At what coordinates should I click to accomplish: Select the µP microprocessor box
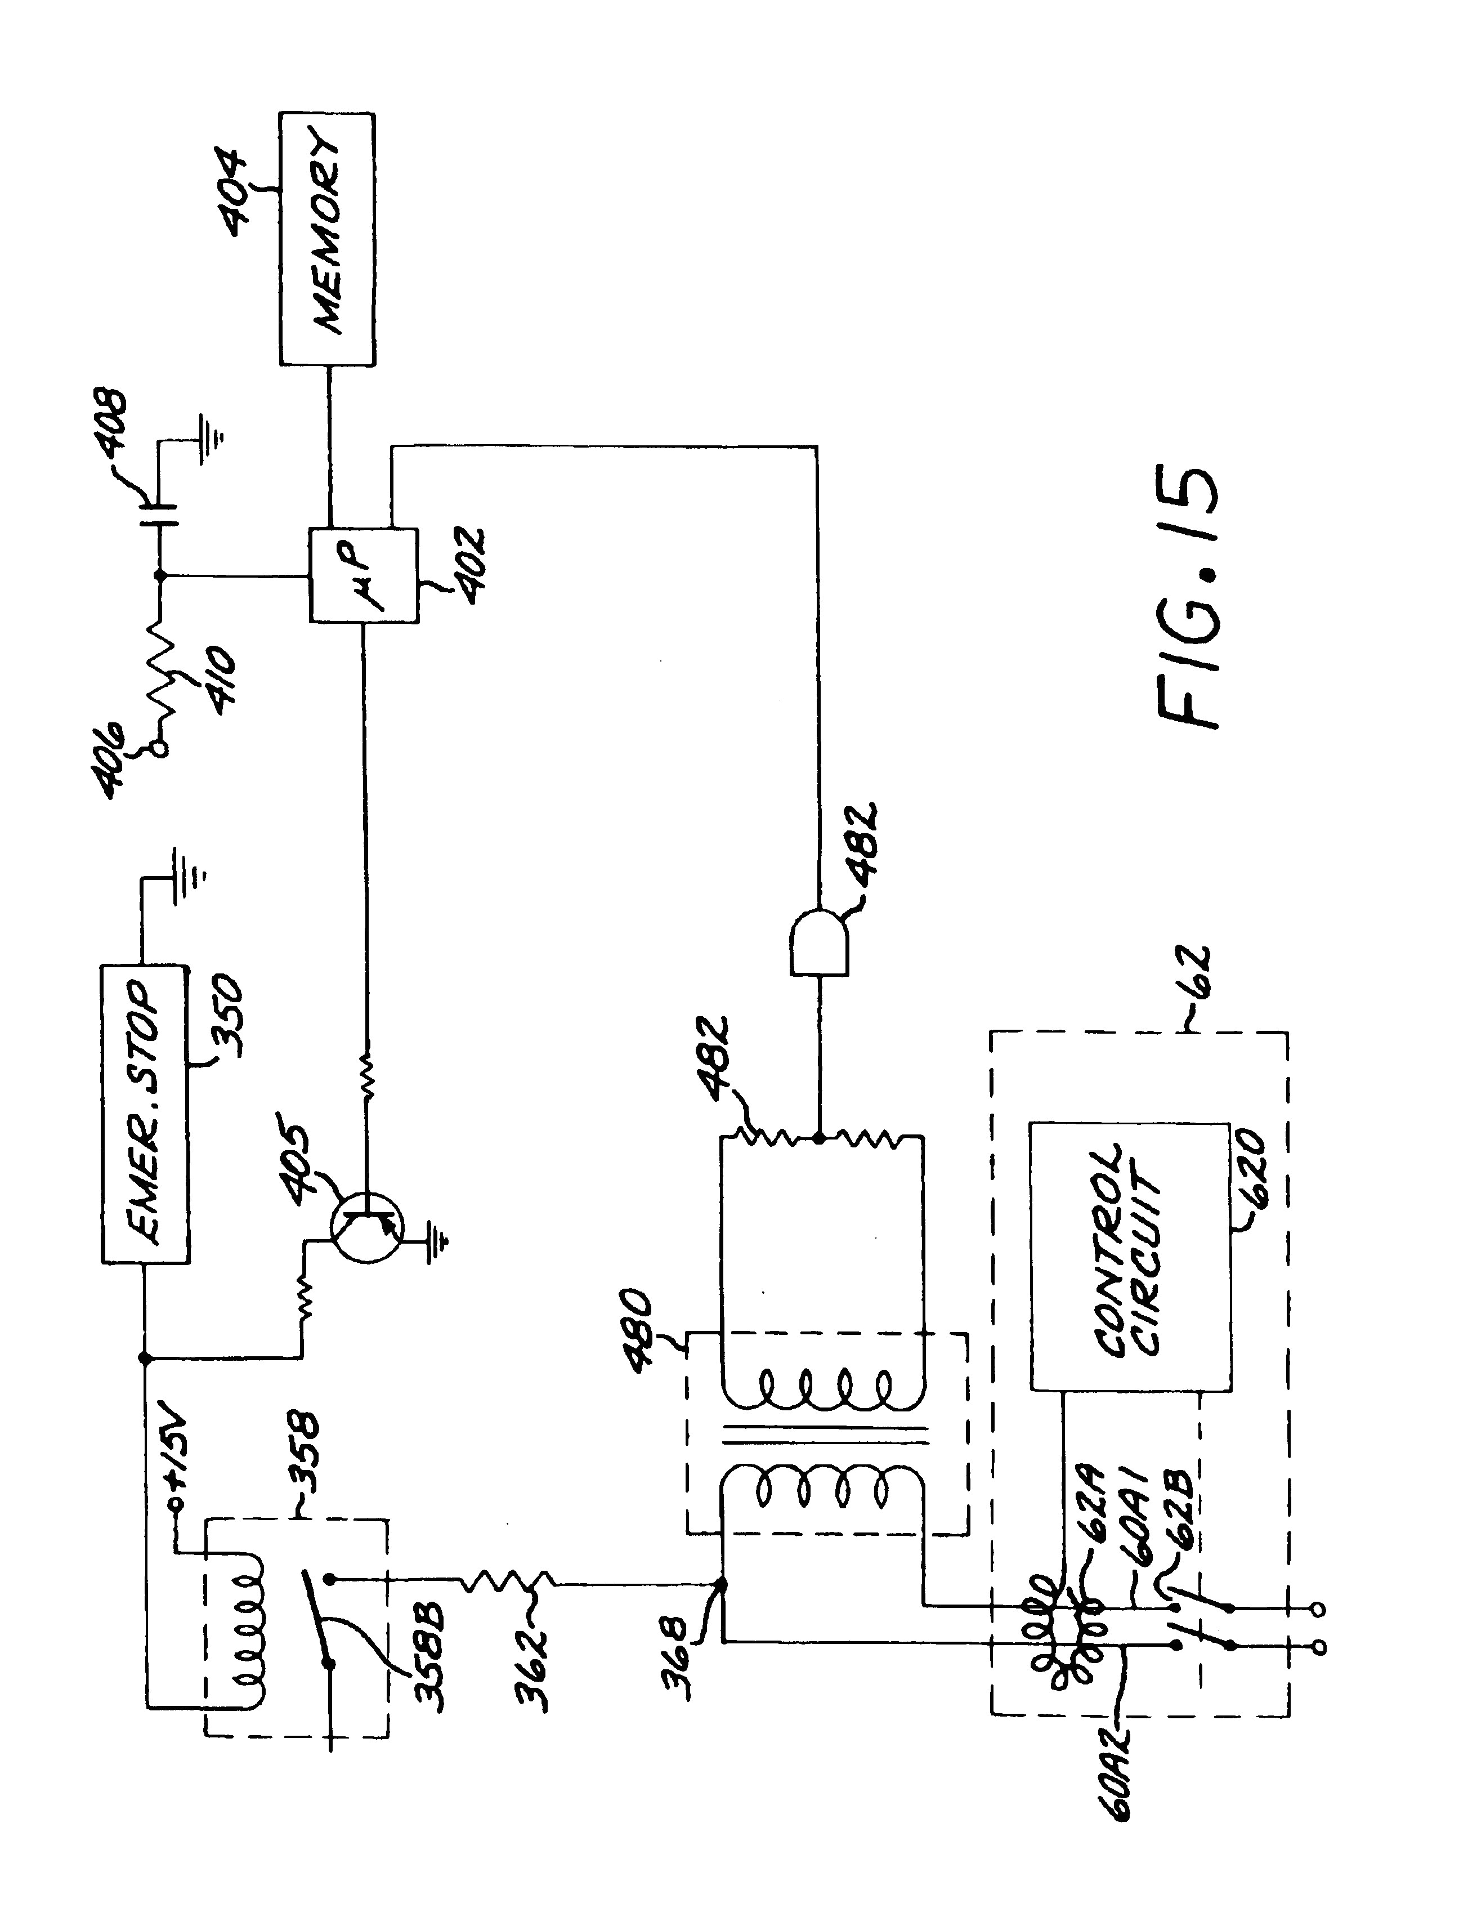pyautogui.click(x=364, y=574)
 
